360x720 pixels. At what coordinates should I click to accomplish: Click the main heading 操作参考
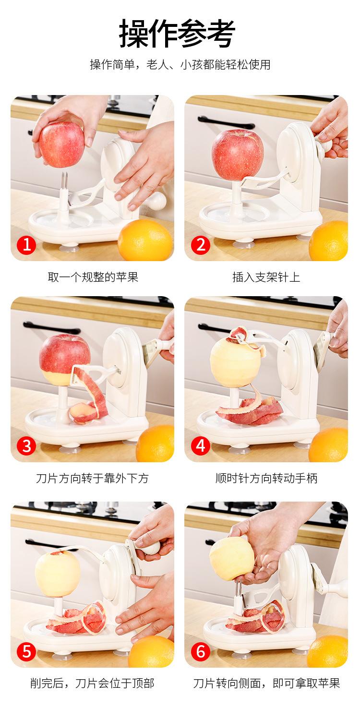pyautogui.click(x=177, y=34)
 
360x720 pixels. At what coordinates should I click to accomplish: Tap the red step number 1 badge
pyautogui.click(x=27, y=245)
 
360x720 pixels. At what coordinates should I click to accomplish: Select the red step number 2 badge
pyautogui.click(x=201, y=245)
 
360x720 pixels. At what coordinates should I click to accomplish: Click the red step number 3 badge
pyautogui.click(x=27, y=446)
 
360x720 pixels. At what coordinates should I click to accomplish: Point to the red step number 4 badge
pyautogui.click(x=201, y=446)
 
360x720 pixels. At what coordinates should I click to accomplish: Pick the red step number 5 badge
pyautogui.click(x=27, y=651)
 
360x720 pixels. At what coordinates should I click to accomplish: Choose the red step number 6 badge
pyautogui.click(x=201, y=651)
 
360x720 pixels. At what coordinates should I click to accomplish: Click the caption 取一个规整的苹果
pyautogui.click(x=93, y=277)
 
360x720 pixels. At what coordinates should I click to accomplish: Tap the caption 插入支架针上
pyautogui.click(x=266, y=277)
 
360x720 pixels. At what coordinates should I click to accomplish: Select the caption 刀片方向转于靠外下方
pyautogui.click(x=92, y=478)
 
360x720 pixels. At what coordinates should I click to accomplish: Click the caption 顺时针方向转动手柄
pyautogui.click(x=266, y=478)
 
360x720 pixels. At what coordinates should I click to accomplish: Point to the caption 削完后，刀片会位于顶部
pyautogui.click(x=92, y=683)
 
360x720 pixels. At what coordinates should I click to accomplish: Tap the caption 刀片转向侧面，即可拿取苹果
pyautogui.click(x=266, y=683)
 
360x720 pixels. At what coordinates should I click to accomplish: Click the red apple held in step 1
pyautogui.click(x=62, y=144)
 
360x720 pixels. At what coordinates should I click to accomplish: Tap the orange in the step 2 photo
pyautogui.click(x=329, y=240)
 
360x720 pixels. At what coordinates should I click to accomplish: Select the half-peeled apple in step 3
pyautogui.click(x=64, y=360)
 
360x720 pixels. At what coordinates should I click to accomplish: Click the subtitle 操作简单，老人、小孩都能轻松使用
pyautogui.click(x=180, y=65)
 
